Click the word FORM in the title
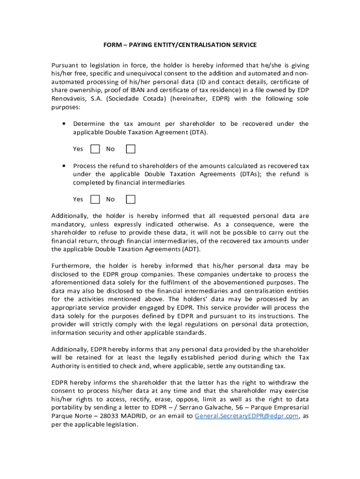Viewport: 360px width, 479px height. [x=111, y=45]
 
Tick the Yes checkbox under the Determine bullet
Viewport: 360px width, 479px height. [x=95, y=149]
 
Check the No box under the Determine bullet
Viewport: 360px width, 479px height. [x=131, y=149]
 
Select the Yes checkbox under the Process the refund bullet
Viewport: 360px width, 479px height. [x=95, y=199]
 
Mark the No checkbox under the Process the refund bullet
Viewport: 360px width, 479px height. [x=131, y=199]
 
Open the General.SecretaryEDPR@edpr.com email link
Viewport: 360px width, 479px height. [x=246, y=416]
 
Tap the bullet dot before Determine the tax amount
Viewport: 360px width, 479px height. [x=63, y=124]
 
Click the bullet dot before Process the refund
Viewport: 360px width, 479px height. [x=63, y=166]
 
